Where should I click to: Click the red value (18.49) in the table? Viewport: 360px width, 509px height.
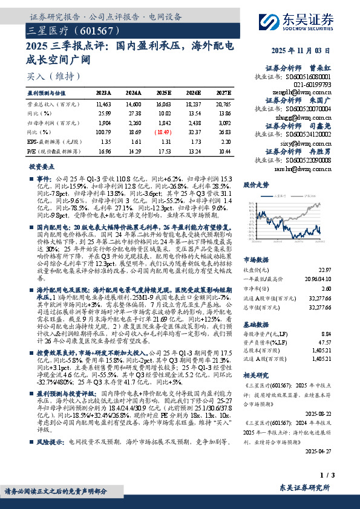click(x=164, y=131)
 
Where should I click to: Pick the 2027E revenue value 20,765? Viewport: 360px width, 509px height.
click(x=222, y=104)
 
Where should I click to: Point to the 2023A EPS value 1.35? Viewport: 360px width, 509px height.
click(x=103, y=140)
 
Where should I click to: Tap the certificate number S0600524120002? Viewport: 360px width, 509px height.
click(x=304, y=128)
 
